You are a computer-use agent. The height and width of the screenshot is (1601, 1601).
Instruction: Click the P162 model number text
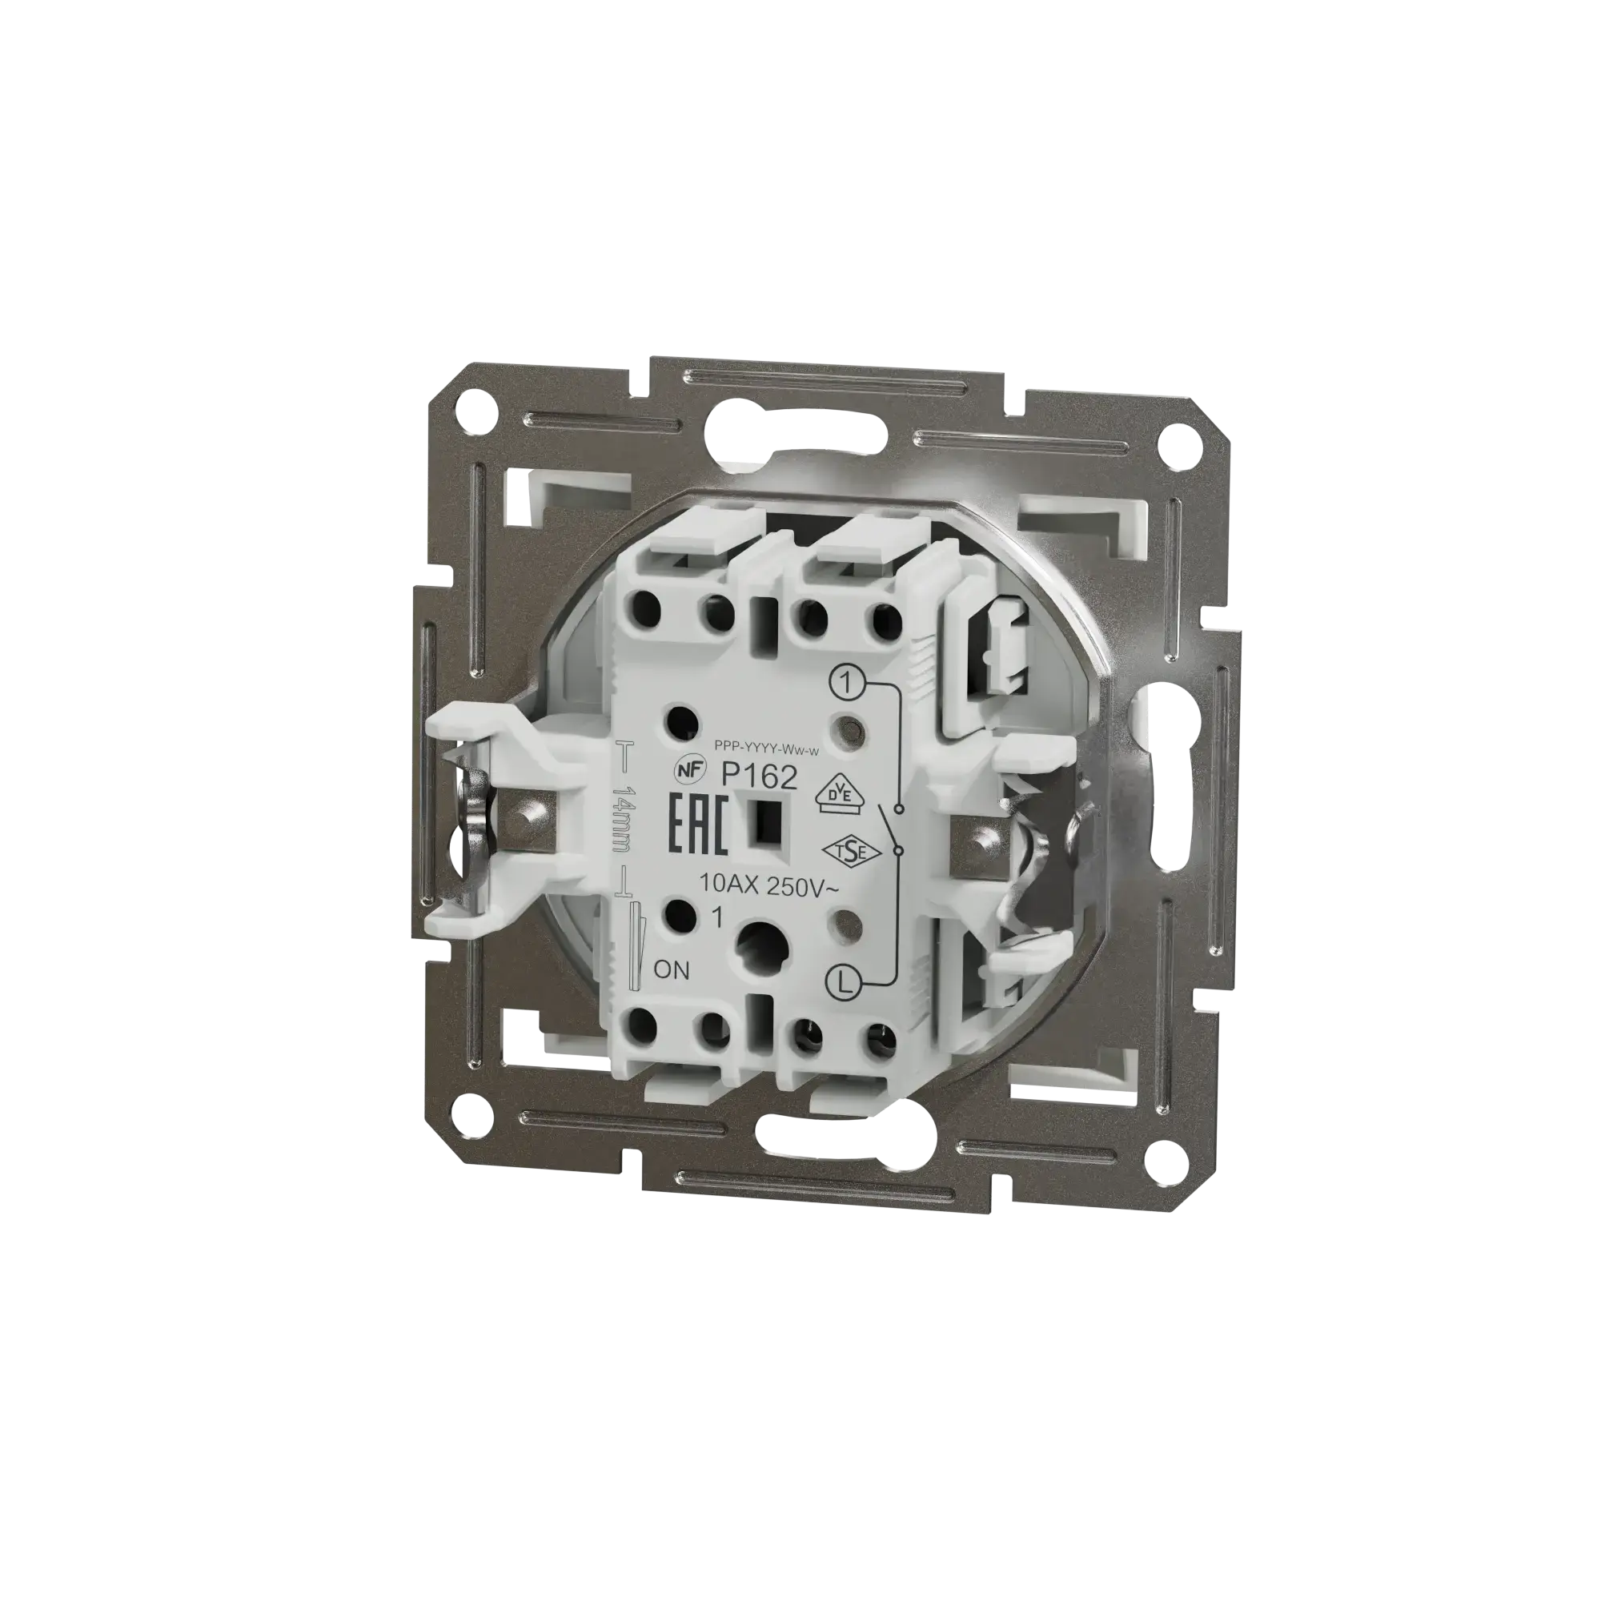pyautogui.click(x=759, y=776)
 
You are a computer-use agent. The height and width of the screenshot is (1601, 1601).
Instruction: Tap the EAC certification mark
pyautogui.click(x=698, y=824)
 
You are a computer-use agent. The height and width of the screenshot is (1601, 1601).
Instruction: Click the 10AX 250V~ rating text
pyautogui.click(x=770, y=886)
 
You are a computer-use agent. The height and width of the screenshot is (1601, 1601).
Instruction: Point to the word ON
pyautogui.click(x=672, y=969)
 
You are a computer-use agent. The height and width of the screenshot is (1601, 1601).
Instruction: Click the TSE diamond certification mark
pyautogui.click(x=842, y=852)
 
